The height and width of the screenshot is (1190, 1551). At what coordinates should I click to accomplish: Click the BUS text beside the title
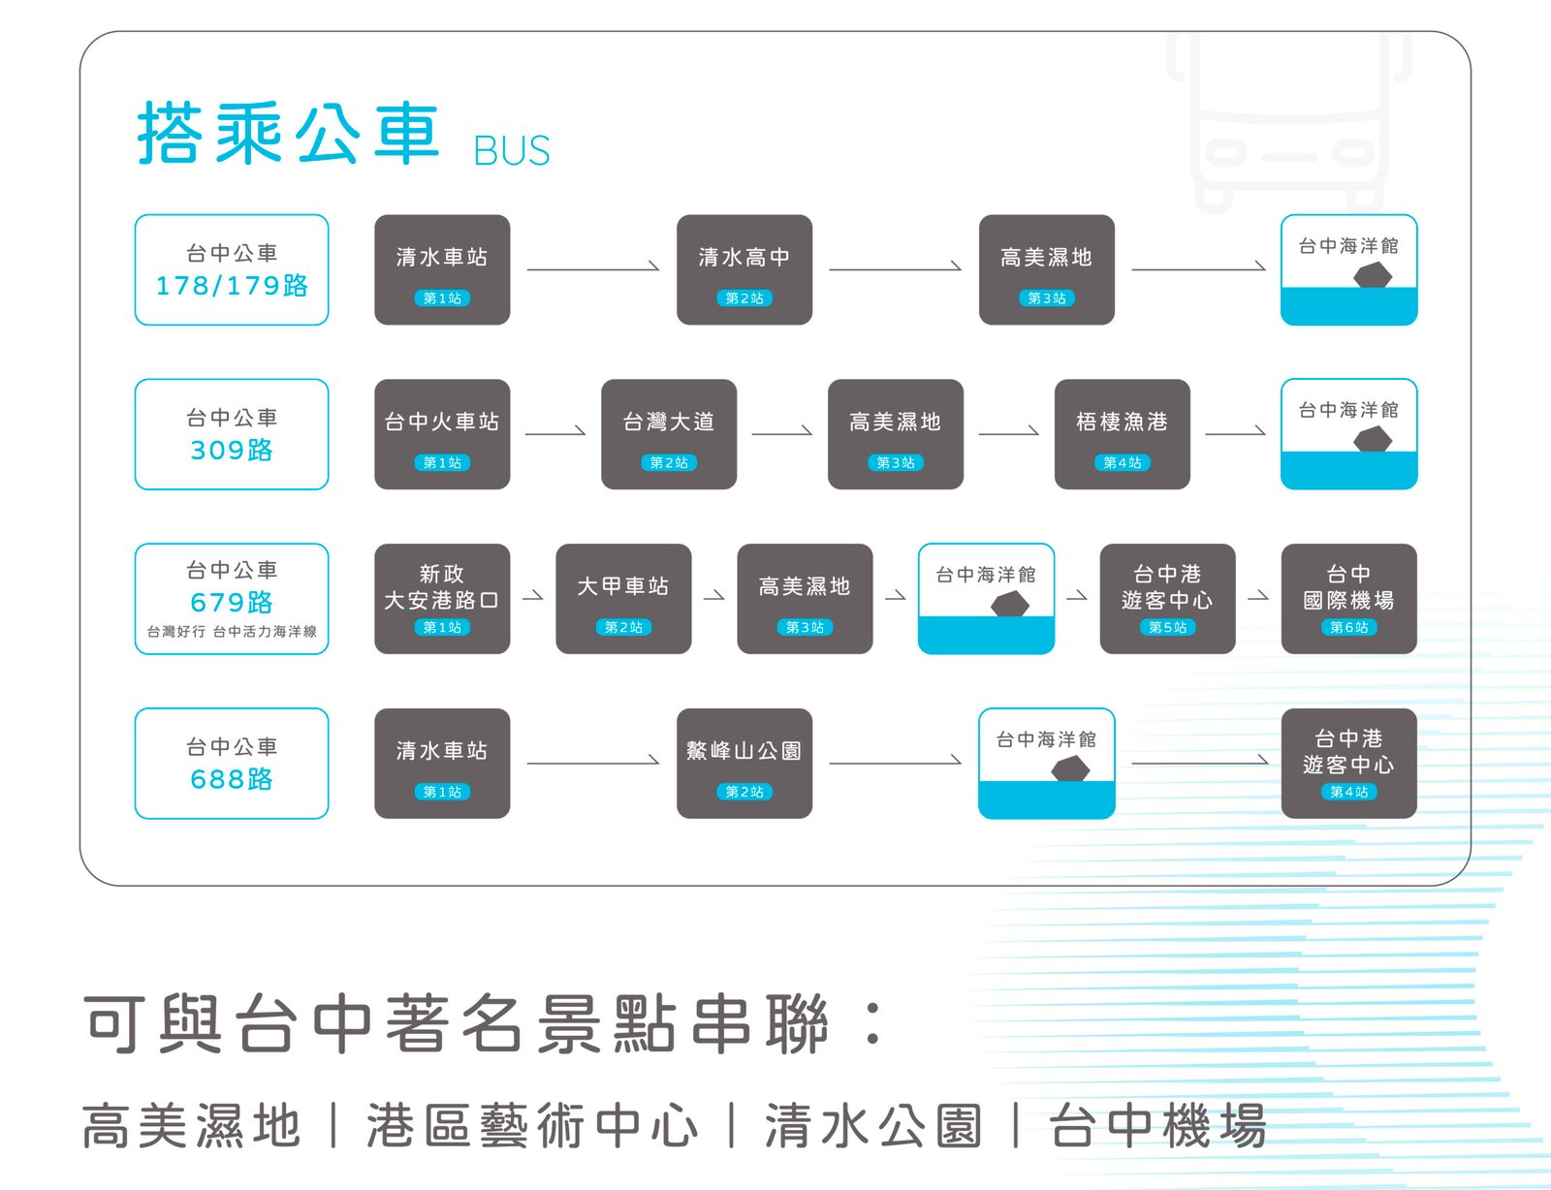coord(512,151)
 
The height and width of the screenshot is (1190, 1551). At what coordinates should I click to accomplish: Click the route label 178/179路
coord(232,285)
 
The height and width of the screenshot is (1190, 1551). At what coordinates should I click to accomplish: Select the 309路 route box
coord(232,434)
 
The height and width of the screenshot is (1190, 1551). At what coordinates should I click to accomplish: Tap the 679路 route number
coord(232,602)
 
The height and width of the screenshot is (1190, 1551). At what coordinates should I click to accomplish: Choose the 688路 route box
coord(232,764)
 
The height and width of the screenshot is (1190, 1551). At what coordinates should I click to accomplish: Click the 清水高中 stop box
coord(744,269)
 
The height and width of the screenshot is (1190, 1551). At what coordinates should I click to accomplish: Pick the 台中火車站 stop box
coord(442,434)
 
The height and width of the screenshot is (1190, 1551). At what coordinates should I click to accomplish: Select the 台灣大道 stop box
coord(669,434)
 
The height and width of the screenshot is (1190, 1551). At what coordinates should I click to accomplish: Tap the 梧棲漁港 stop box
coord(1122,434)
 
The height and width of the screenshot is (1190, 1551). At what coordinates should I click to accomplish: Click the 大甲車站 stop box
coord(623,599)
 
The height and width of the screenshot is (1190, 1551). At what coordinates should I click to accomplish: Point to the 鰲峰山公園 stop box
coord(744,764)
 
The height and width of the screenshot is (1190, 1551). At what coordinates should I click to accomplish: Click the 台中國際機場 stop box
coord(1348,599)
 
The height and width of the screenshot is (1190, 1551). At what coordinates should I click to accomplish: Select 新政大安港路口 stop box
coord(442,599)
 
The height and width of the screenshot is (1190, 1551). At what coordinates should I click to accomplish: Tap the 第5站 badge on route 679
coord(1167,627)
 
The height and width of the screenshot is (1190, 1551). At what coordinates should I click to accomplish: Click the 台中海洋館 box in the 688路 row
coord(1047,764)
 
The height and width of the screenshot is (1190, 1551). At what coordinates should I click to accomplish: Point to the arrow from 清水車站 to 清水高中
coord(593,267)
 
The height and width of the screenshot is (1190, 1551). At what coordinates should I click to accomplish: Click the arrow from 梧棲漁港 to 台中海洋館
coord(1235,432)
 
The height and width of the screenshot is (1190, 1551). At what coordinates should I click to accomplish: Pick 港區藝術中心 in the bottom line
coord(532,1126)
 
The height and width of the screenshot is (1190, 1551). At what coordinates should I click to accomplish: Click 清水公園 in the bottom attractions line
coord(873,1126)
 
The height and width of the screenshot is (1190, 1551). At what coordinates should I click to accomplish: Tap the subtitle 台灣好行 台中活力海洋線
coord(232,632)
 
